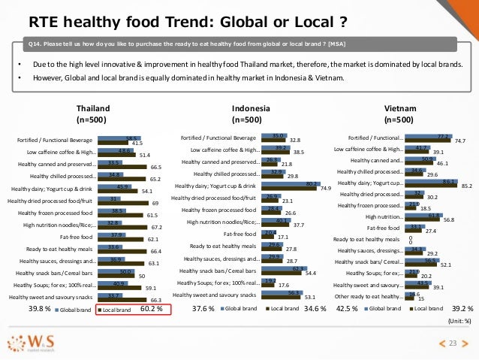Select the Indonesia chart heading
tap(249, 113)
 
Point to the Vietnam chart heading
tap(396, 113)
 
